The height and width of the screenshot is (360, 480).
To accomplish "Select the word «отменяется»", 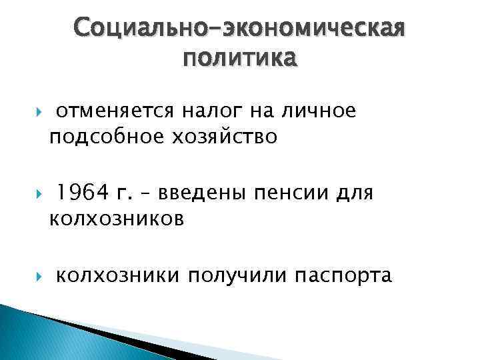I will pyautogui.click(x=114, y=111).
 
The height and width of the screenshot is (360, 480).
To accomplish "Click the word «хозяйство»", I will pyautogui.click(x=214, y=137).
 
